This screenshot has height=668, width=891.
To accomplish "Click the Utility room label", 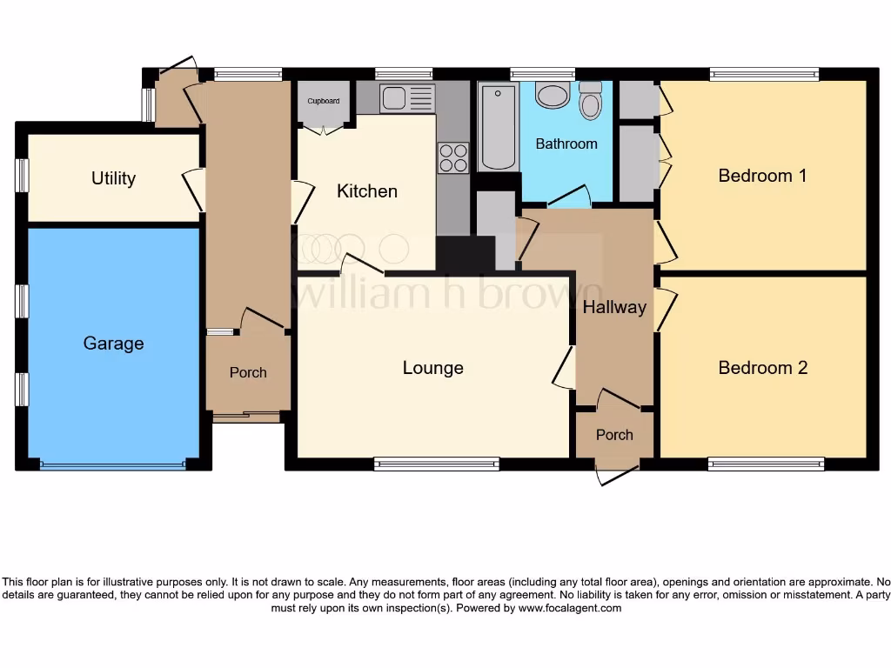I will (x=113, y=178).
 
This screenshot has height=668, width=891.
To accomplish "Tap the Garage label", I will (x=113, y=344).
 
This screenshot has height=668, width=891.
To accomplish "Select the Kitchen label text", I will (x=367, y=191).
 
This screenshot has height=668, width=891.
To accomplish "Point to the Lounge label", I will (x=432, y=368).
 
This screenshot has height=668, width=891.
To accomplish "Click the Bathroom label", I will (x=566, y=144).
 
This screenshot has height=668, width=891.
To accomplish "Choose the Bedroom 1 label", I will (x=762, y=176).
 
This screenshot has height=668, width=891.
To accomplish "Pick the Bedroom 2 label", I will (x=762, y=368).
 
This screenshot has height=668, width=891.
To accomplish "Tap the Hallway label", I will (x=614, y=307).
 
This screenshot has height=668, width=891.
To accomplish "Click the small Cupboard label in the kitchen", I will (x=323, y=101).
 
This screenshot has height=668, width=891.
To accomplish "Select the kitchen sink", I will (x=406, y=98).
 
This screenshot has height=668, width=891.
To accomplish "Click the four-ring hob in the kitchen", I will (x=452, y=157).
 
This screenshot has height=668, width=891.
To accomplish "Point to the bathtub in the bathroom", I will (x=498, y=126).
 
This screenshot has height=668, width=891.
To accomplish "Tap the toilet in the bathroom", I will (x=591, y=101).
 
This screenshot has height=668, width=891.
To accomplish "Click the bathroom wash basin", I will (x=552, y=95).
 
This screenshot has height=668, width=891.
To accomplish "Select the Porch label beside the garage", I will (x=248, y=372).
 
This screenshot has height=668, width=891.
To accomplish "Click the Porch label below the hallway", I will (x=614, y=435).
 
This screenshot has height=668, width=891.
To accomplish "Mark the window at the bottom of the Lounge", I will (x=437, y=464).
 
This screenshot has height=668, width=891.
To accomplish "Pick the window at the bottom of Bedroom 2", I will (x=766, y=464).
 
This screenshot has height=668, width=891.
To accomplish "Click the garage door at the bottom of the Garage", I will (x=113, y=465).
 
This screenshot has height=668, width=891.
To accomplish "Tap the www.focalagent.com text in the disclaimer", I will (x=570, y=609).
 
